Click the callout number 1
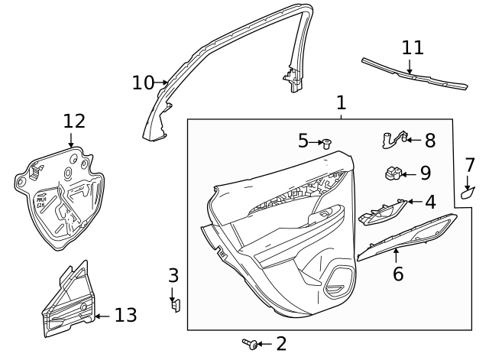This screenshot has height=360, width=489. [x=341, y=102]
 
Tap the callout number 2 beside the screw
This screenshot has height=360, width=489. [x=280, y=344]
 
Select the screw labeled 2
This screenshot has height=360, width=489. [x=249, y=344]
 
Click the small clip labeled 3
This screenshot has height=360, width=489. [x=174, y=306]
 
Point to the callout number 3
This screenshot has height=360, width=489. [x=173, y=275]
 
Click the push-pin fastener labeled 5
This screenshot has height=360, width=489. [x=327, y=142]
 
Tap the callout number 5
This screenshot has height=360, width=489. [x=303, y=141]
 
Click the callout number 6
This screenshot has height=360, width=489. [x=397, y=273]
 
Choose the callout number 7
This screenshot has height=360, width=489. [x=470, y=165]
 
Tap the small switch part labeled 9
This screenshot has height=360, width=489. [x=394, y=174]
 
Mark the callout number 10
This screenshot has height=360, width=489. [x=143, y=82]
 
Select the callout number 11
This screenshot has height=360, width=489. [x=413, y=47]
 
